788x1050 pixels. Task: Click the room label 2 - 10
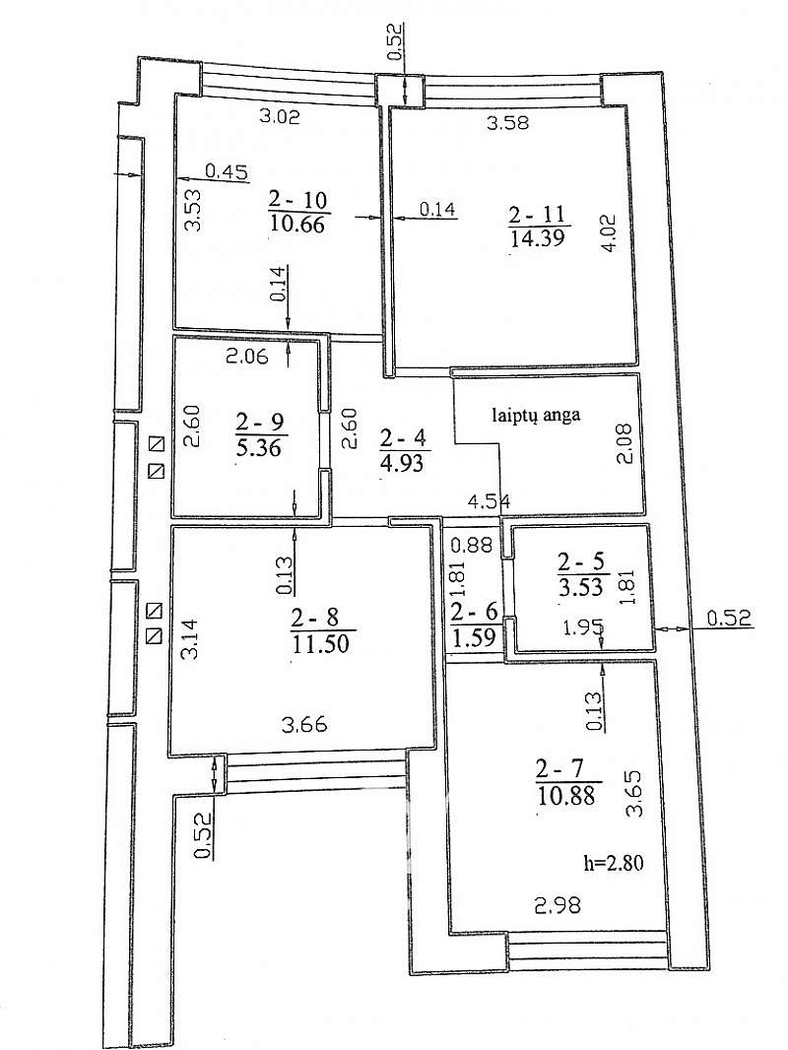pos(297,200)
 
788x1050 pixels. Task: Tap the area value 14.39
pos(537,237)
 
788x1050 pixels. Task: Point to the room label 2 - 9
pos(259,422)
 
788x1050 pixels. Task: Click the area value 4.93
pos(401,462)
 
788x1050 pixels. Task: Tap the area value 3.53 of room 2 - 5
pos(580,587)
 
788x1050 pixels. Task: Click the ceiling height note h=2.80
pos(614,863)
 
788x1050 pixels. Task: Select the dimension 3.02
pos(280,116)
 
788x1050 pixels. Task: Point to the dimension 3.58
pos(507,122)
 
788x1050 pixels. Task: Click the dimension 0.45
pos(227,171)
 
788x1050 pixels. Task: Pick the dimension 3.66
pos(304,724)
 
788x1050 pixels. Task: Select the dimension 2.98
pos(558,905)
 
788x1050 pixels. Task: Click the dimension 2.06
pos(246,357)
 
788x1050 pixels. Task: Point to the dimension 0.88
pos(472,545)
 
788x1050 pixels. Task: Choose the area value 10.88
pos(567,796)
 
